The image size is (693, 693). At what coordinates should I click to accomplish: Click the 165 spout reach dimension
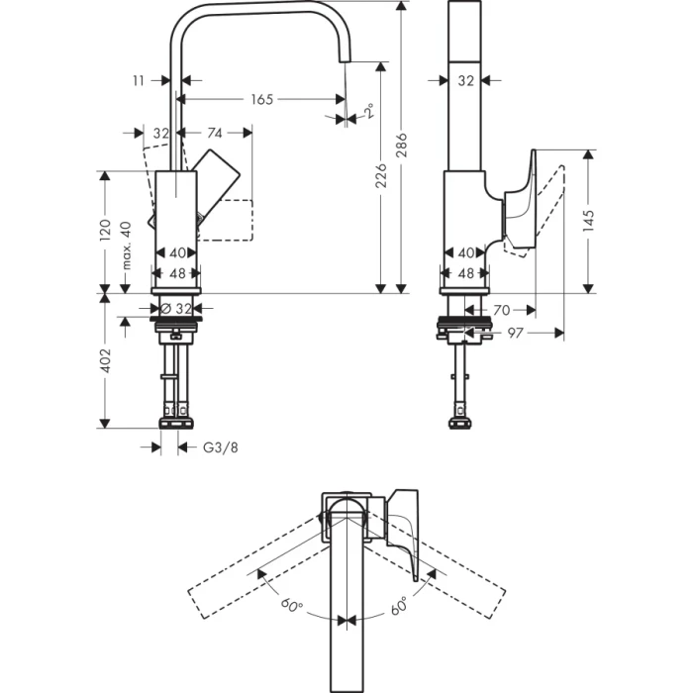pyautogui.click(x=260, y=99)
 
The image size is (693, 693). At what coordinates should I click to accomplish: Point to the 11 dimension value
pyautogui.click(x=138, y=79)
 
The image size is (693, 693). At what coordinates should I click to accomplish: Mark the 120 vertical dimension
pyautogui.click(x=106, y=231)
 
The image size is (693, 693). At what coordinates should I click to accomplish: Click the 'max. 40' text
pyautogui.click(x=127, y=245)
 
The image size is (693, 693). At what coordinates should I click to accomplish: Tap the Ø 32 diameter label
pyautogui.click(x=175, y=308)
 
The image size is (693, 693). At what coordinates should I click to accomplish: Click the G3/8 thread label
pyautogui.click(x=221, y=447)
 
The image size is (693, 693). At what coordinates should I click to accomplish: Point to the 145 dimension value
pyautogui.click(x=589, y=220)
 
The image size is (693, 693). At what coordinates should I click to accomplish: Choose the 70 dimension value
pyautogui.click(x=500, y=310)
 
